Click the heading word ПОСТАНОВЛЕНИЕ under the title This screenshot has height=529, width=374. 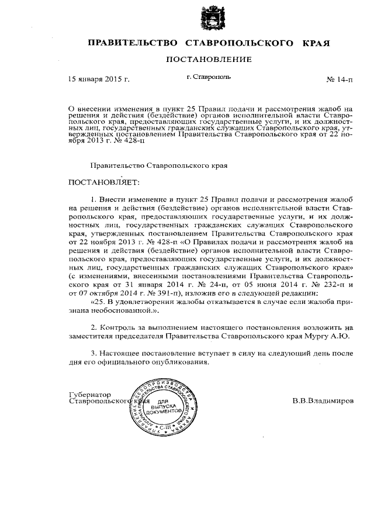coord(209,60)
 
